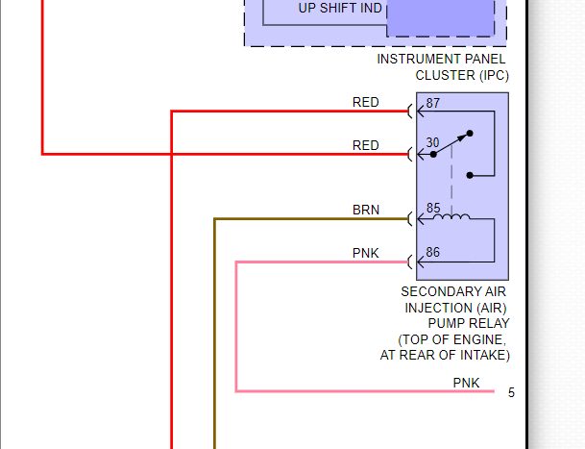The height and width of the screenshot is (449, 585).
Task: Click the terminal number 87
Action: tap(433, 103)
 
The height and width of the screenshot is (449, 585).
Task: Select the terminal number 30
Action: tap(433, 142)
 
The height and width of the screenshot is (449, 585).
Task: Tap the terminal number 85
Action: tap(433, 208)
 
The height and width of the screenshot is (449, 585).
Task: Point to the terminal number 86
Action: tap(433, 253)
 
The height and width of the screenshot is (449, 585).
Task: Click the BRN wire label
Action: tap(366, 210)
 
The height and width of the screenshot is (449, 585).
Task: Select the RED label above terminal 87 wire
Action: tap(366, 102)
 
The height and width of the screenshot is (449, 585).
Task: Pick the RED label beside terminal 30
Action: tap(366, 145)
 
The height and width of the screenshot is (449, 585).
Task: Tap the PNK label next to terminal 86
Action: tap(366, 253)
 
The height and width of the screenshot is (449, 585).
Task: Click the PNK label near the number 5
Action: tap(466, 383)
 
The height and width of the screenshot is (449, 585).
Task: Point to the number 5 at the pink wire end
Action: tap(511, 392)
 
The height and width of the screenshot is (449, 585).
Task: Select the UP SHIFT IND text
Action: tap(340, 9)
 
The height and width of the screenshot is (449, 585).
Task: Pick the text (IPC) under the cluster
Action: tap(489, 75)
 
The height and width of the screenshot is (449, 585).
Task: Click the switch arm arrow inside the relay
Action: tap(453, 142)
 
